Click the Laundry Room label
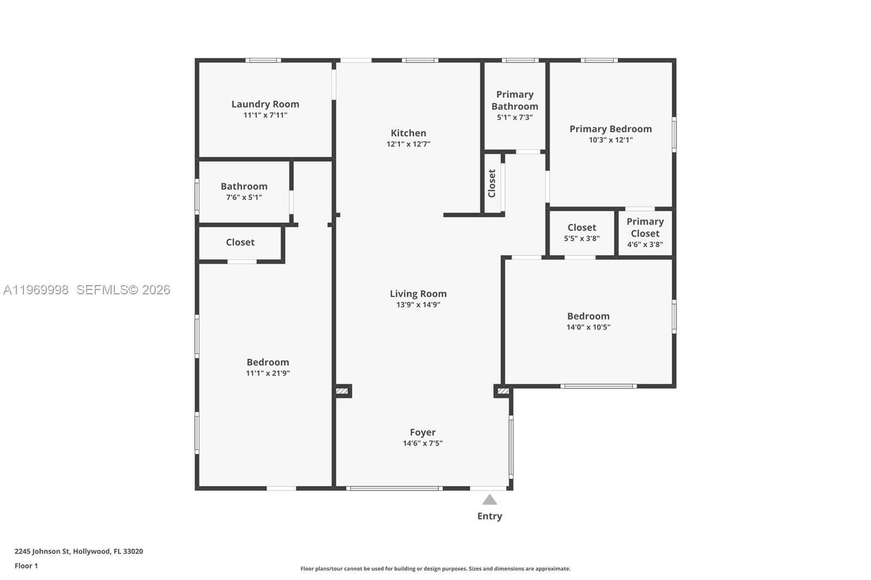coord(265,104)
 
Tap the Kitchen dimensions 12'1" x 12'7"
coord(408,144)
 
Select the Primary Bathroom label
coord(514,101)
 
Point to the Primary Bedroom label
coord(610,129)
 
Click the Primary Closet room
coord(645,232)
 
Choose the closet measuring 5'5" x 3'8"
coord(581,233)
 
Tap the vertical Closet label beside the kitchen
coord(492,183)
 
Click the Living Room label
coord(418,294)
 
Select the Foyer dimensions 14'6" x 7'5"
coord(422,443)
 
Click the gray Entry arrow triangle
coord(489,500)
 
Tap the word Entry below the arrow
coord(489,516)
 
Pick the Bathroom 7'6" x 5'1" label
coord(244,192)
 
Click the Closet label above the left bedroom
coord(240,243)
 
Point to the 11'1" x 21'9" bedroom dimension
coord(268,373)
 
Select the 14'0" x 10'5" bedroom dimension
coord(588,327)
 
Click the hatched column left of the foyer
coord(342,391)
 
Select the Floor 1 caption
coord(26,566)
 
